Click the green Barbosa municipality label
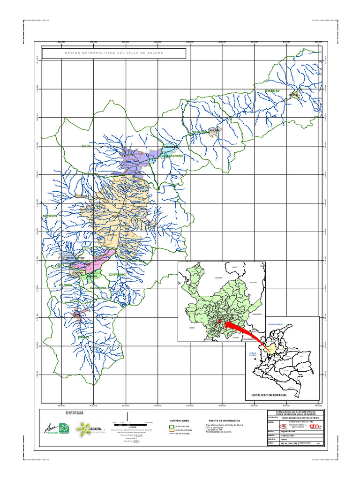272,91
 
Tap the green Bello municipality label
86,147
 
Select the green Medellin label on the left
50,216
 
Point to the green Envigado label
117,274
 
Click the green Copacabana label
172,156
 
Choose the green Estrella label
65,285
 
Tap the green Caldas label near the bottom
83,337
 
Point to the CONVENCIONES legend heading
180,421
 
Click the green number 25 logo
63,428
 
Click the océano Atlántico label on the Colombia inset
277,324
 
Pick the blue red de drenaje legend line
171,433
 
